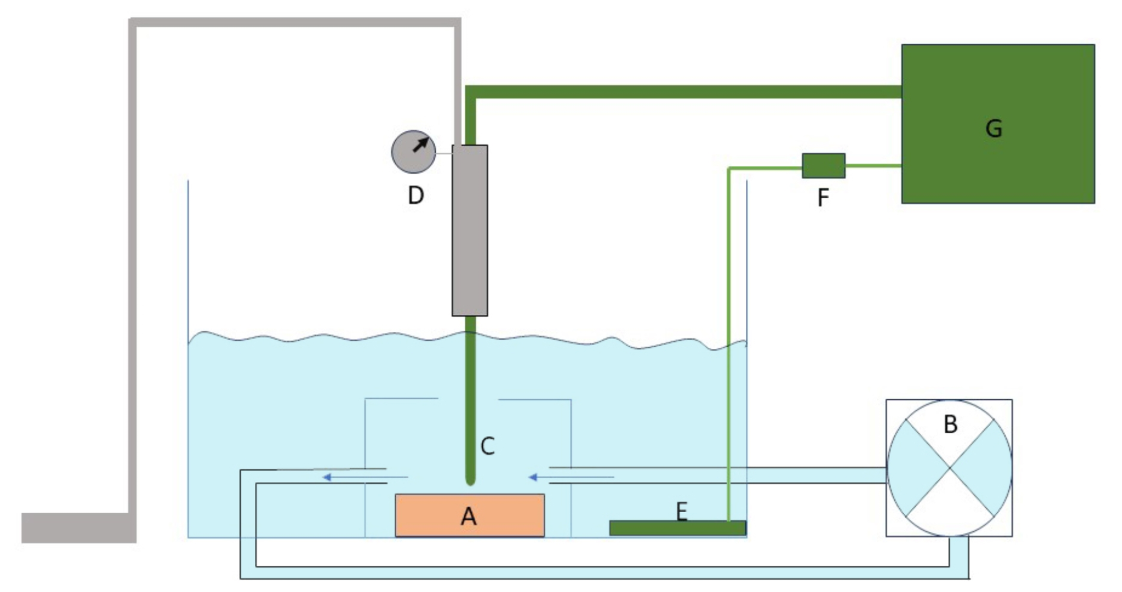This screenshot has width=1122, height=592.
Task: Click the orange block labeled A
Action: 469,515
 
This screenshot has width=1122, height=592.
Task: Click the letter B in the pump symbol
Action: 950,424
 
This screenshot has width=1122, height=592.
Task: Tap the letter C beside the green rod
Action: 487,446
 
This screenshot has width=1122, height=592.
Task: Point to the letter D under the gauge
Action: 415,195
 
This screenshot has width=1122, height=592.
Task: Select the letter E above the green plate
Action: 681,511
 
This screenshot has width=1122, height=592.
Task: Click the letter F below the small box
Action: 823,198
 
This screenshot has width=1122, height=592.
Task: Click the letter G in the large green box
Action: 993,128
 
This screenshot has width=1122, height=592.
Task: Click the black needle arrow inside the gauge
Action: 421,144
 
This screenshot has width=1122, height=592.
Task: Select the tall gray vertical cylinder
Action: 469,230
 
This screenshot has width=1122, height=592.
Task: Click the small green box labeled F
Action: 823,166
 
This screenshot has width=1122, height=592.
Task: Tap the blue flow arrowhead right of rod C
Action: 533,478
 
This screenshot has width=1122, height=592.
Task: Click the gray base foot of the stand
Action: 78,528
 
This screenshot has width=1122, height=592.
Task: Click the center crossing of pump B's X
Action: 949,467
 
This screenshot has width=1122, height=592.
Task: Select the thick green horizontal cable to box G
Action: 682,92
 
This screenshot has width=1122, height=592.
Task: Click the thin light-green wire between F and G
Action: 873,166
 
